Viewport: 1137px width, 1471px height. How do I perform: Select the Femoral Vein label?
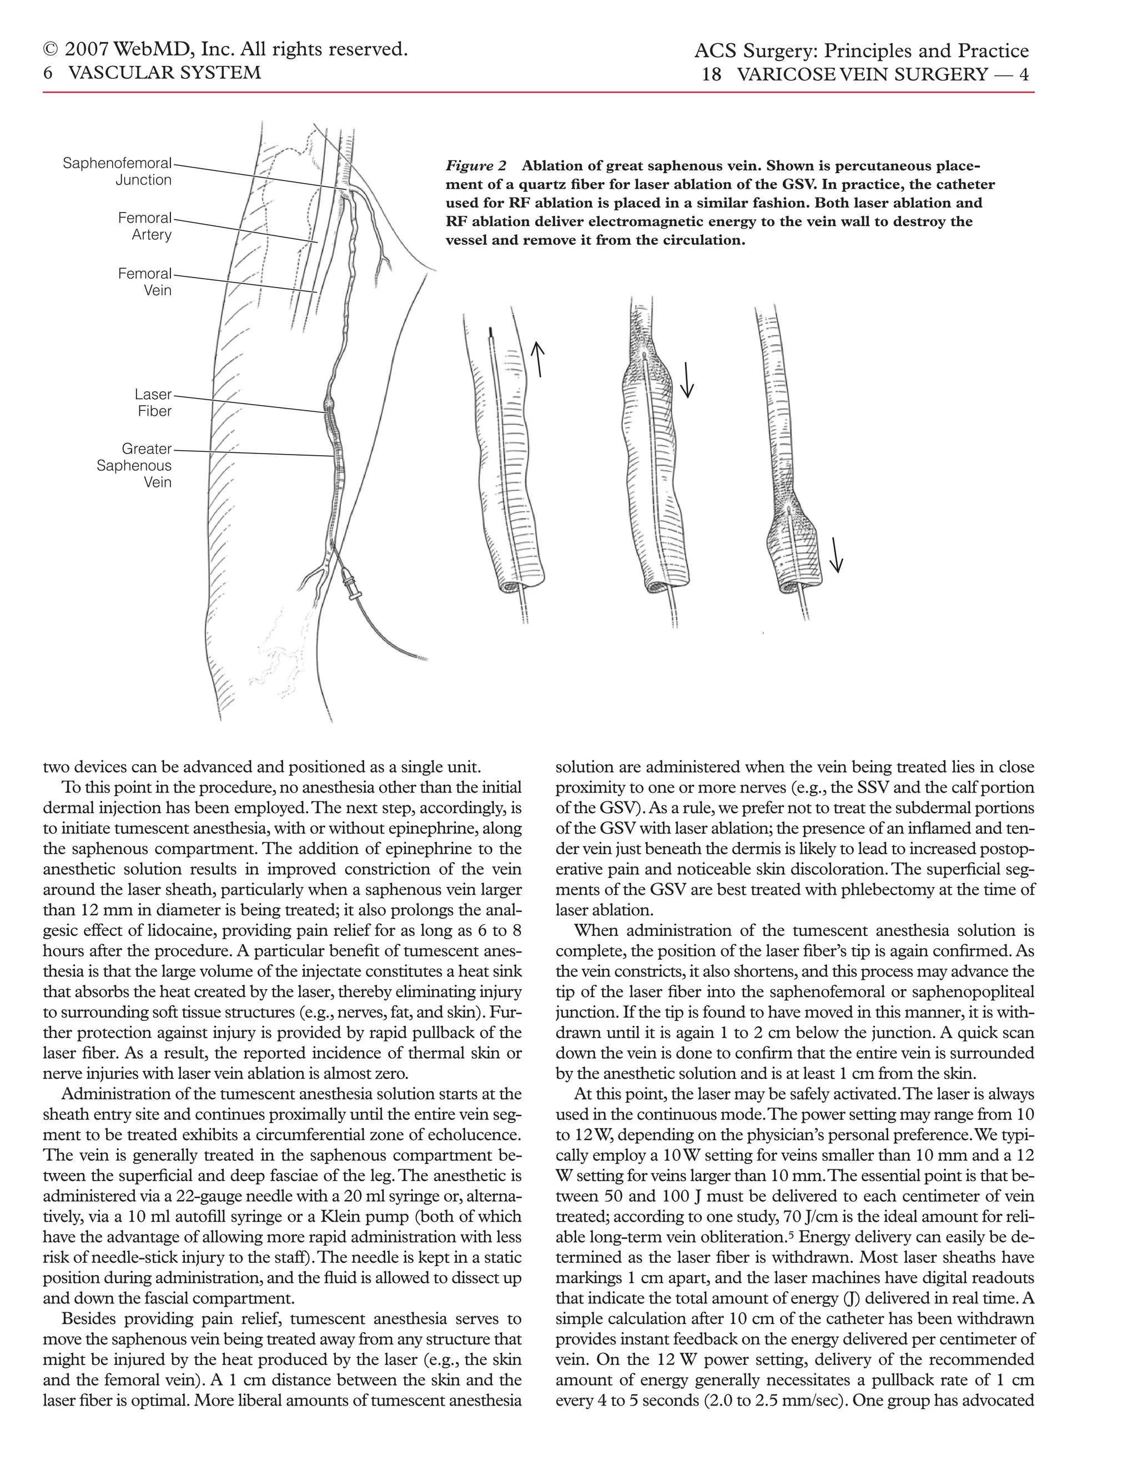[145, 281]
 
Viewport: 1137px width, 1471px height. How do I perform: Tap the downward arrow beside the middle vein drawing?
[687, 380]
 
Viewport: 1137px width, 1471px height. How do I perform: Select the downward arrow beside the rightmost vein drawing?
[836, 555]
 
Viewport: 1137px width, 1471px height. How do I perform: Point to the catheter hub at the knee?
[351, 584]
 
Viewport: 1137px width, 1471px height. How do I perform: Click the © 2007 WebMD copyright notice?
[225, 49]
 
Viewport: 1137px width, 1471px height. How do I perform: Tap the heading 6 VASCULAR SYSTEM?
[152, 72]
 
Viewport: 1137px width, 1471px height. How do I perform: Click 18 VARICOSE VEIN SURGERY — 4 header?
[866, 74]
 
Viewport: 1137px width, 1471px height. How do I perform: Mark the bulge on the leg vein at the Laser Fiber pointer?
[328, 404]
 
